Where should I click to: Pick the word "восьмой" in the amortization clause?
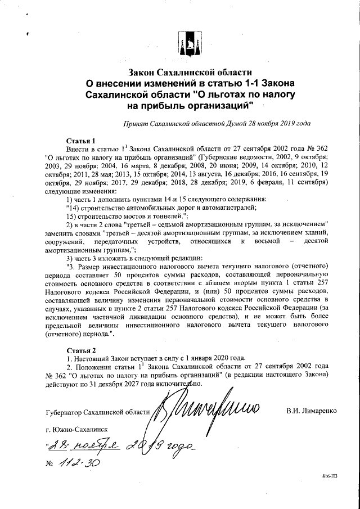[263, 241]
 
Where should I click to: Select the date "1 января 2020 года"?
[211, 358]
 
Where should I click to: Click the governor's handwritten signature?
[208, 407]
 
